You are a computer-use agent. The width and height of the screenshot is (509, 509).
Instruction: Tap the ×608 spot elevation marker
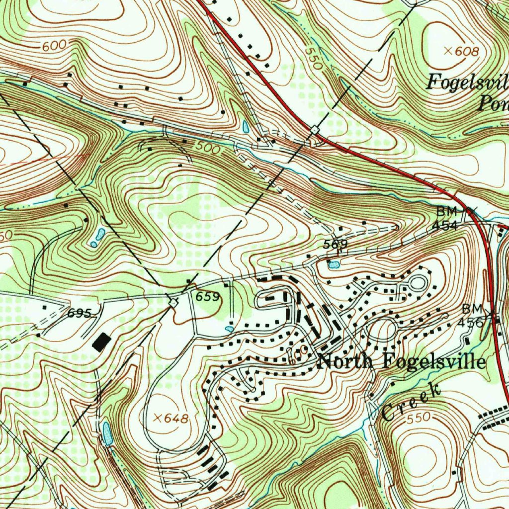[461, 51]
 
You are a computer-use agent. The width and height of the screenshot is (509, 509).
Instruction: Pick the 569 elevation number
[335, 245]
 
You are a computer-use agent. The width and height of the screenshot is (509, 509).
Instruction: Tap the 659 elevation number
[207, 297]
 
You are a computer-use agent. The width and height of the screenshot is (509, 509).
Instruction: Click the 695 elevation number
[80, 313]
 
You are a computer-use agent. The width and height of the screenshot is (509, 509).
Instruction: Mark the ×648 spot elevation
[171, 419]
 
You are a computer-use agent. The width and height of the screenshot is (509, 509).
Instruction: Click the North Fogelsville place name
[402, 361]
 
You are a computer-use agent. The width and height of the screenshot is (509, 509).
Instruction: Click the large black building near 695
[102, 342]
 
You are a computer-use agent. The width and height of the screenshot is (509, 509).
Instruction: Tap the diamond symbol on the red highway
[315, 130]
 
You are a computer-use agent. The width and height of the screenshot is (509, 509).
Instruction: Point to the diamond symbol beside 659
[173, 302]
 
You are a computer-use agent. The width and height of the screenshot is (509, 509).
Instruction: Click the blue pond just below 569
[334, 264]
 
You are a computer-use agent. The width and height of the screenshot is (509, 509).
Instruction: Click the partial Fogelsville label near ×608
[467, 82]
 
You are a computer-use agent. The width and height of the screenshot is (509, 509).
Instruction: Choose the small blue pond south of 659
[229, 329]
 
